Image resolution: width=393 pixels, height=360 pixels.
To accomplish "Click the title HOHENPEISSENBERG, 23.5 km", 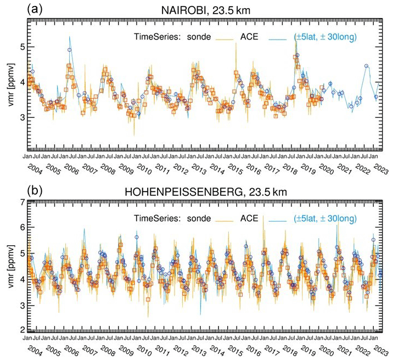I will tap(209, 193).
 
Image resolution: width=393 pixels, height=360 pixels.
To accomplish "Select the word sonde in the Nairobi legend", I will tap(200, 37).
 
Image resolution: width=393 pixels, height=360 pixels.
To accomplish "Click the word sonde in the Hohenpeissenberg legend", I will tap(200, 218).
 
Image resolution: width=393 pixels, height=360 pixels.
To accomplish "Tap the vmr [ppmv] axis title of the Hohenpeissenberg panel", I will tap(8, 266).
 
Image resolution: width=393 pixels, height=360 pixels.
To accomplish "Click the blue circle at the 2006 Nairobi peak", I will tap(70, 50).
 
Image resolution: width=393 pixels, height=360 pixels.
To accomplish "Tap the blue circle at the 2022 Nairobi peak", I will tap(366, 66).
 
